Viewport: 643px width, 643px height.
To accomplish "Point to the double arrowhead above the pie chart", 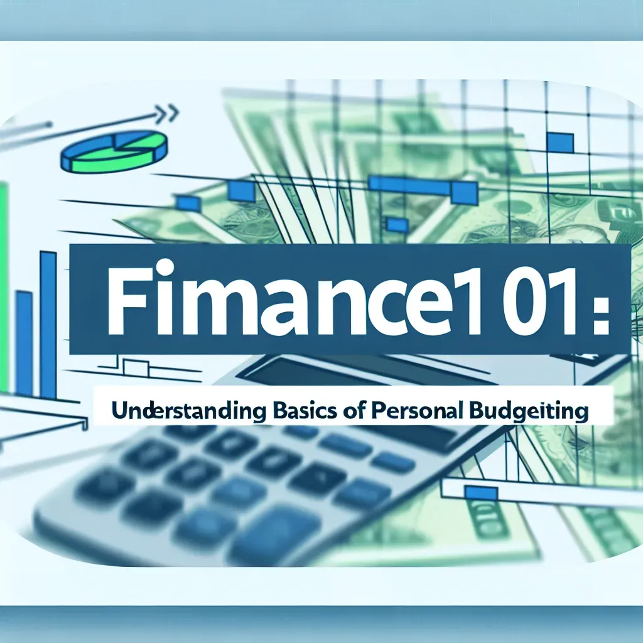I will pyautogui.click(x=168, y=114).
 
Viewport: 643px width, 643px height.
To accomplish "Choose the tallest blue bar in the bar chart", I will pyautogui.click(x=48, y=320).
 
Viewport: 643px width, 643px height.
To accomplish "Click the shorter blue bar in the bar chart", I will pyautogui.click(x=24, y=342).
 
